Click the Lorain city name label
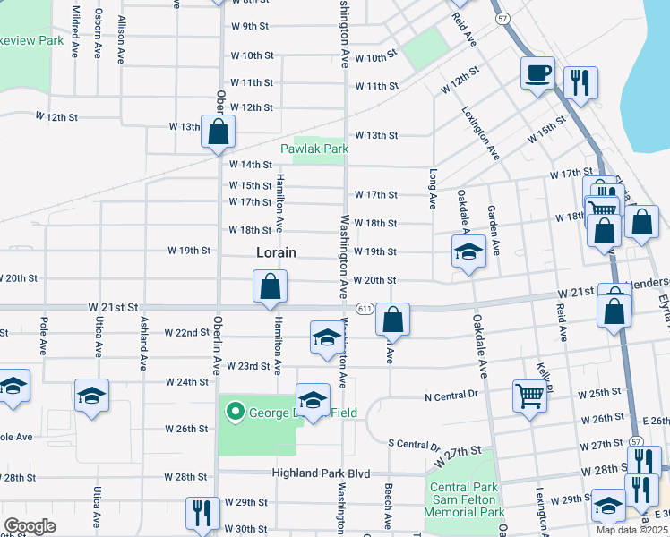pyautogui.click(x=276, y=252)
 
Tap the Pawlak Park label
pyautogui.click(x=313, y=149)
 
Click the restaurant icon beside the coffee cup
pyautogui.click(x=580, y=83)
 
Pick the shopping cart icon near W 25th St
pyautogui.click(x=529, y=394)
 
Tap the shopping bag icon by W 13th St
pyautogui.click(x=219, y=132)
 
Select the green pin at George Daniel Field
pyautogui.click(x=236, y=412)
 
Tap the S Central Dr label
pyautogui.click(x=414, y=444)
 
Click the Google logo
pyautogui.click(x=30, y=526)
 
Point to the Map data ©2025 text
pyautogui.click(x=632, y=531)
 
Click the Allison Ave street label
pyautogui.click(x=121, y=43)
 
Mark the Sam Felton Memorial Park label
pyautogui.click(x=465, y=507)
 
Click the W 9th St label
pyautogui.click(x=250, y=26)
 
